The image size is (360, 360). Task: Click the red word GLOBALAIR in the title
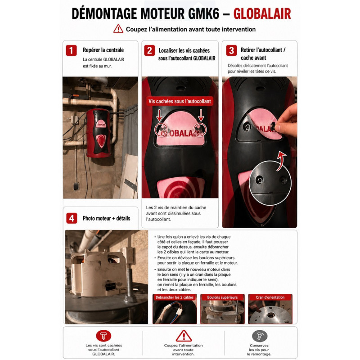(262, 14)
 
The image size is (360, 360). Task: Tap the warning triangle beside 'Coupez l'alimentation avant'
(118, 29)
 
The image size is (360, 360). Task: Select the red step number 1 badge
(71, 50)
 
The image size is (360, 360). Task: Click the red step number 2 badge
(149, 50)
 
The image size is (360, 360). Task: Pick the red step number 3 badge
(231, 50)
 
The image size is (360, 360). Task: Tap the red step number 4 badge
(72, 218)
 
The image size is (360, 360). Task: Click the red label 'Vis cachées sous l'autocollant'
(180, 101)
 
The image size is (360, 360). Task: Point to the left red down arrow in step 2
(159, 115)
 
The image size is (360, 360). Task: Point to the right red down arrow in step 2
(201, 115)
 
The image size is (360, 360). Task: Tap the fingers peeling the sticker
(286, 121)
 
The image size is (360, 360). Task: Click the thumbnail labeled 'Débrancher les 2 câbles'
(175, 309)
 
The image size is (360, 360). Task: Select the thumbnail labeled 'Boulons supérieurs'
(222, 309)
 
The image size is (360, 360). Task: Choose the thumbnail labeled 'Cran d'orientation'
(270, 309)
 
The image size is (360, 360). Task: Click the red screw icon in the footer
(103, 336)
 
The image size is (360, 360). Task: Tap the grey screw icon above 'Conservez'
(260, 336)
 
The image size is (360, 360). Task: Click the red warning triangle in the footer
(184, 336)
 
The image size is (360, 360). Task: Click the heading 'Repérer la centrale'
(103, 50)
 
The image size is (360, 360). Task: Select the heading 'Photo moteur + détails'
(107, 218)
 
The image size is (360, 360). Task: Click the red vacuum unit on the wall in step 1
(98, 133)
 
